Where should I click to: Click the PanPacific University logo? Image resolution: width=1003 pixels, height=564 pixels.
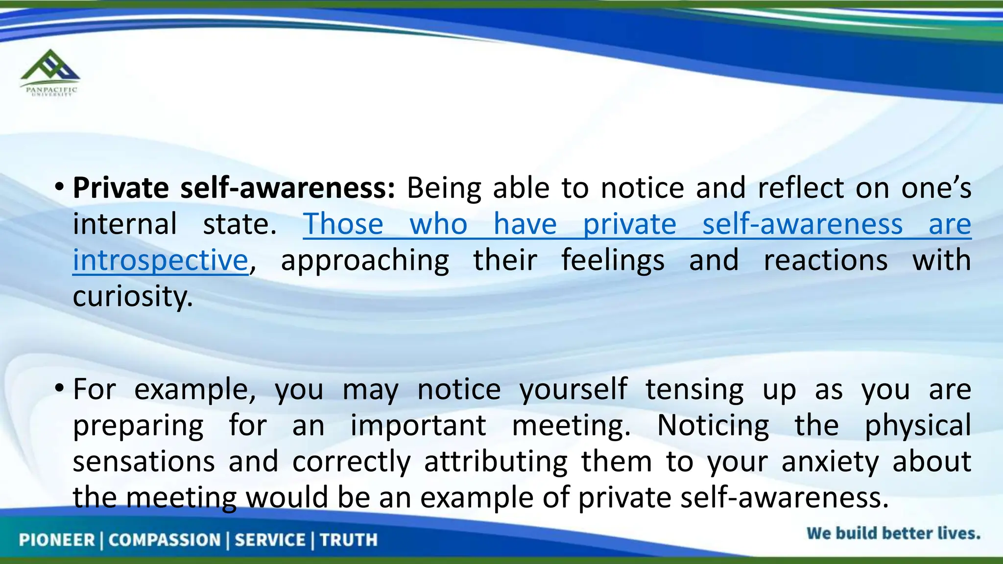pos(49,72)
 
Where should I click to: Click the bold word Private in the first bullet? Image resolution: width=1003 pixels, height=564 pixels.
pos(121,188)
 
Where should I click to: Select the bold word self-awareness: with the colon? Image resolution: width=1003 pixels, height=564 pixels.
pos(287,188)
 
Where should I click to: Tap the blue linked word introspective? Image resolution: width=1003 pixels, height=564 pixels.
pos(161,260)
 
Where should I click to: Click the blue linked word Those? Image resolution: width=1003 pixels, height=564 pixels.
pos(343,224)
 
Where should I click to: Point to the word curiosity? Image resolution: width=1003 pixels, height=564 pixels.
pos(133,296)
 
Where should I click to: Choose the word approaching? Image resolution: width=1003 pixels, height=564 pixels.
pos(365,260)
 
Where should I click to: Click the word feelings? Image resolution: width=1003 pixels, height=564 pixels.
pos(613,260)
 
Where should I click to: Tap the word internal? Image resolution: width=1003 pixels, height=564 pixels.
pos(125,224)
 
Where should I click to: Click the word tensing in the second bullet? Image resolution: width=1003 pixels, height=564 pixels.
pos(694,390)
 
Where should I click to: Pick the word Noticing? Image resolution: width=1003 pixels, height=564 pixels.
pos(713,425)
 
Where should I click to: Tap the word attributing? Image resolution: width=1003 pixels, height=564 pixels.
pos(496,462)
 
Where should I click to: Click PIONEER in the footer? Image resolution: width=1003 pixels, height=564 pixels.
pos(57,540)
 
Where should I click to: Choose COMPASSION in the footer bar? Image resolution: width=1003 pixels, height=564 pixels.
pos(165,540)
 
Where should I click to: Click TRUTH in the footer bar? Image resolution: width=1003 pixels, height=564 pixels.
pos(349,540)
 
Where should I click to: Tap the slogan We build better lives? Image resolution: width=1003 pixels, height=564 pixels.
pos(893,533)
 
